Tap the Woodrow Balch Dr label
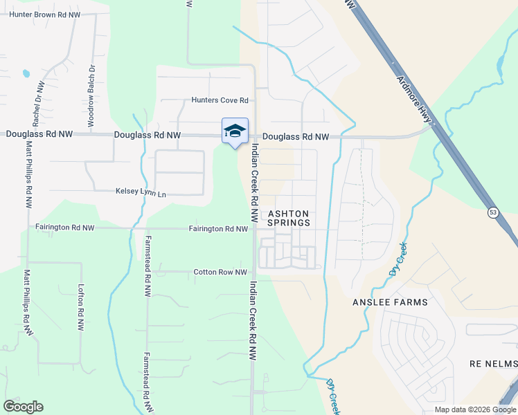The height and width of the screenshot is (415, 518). [91, 95]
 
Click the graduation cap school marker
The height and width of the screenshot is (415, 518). [235, 131]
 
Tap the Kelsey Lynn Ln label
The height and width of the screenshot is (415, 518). [141, 194]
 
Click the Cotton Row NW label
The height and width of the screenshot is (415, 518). [220, 273]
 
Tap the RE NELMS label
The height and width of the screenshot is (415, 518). [494, 364]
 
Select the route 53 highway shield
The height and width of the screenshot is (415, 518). [492, 212]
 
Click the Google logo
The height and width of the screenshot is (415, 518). [23, 407]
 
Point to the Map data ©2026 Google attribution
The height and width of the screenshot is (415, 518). [476, 409]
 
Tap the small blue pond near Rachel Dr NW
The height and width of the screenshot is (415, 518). [26, 73]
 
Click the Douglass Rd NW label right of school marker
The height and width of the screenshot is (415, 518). [296, 137]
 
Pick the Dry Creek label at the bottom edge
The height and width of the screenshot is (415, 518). [333, 396]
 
